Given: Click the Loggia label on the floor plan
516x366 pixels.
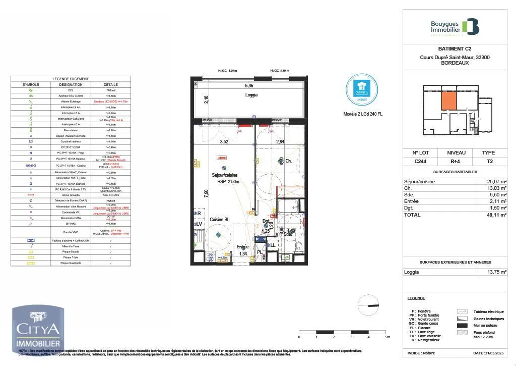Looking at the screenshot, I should pos(251,95).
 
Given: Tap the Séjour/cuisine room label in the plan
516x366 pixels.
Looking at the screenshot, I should pos(225,175).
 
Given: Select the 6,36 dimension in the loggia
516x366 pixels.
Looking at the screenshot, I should pos(249,86).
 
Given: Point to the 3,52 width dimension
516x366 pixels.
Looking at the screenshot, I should pos(224,142).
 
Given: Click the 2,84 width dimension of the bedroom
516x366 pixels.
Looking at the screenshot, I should pos(281,142).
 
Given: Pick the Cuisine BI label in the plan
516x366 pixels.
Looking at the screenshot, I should pos(219,219).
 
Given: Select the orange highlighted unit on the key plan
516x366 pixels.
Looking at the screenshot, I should pos(449,100).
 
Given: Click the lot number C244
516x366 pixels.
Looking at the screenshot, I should pos(421,162).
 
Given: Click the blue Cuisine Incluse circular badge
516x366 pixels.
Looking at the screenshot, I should pos(362,90).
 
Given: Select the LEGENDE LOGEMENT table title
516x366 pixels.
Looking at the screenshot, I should pos(71,79).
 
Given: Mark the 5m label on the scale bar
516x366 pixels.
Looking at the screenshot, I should pos(387,337).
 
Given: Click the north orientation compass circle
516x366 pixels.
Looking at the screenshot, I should pos(367,305).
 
